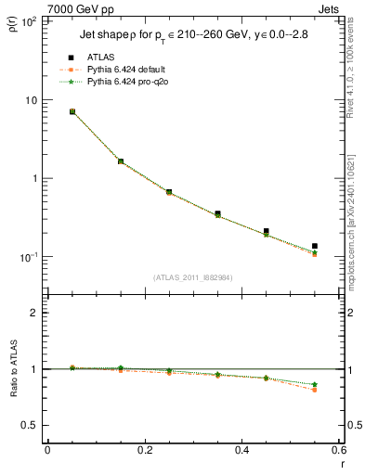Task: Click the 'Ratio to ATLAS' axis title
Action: pyautogui.click(x=13, y=369)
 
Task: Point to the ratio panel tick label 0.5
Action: pyautogui.click(x=30, y=425)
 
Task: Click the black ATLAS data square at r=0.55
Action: pyautogui.click(x=315, y=246)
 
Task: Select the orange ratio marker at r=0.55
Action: pyautogui.click(x=315, y=390)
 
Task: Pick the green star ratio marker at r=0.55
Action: pyautogui.click(x=315, y=384)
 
